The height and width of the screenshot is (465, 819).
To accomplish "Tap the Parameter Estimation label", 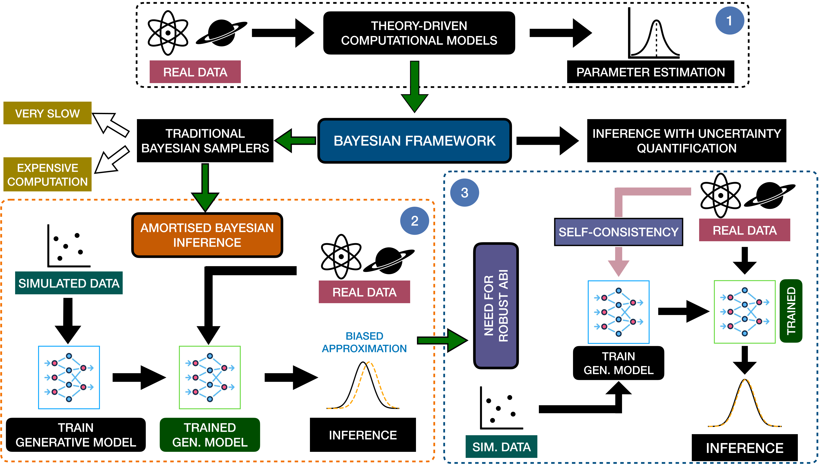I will tap(650, 72).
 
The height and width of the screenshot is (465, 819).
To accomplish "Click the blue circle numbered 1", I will tap(730, 21).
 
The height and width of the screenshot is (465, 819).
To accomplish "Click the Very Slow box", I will tap(47, 113).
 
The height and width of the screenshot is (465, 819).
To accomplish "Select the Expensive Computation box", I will tap(47, 174).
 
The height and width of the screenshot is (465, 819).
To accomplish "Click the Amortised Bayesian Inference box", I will tap(207, 235).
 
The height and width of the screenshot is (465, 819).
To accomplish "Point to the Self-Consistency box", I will tap(618, 232).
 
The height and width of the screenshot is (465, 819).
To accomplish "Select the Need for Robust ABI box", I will tap(495, 306).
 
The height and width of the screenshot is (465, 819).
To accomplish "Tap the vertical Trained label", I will tap(791, 311).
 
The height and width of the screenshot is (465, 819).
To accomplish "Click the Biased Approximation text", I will tap(364, 342).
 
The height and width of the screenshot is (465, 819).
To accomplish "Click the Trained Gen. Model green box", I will tap(210, 435).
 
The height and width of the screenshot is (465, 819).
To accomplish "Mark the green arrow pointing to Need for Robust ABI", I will tap(443, 340).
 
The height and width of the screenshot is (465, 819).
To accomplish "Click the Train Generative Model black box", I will tap(76, 435).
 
